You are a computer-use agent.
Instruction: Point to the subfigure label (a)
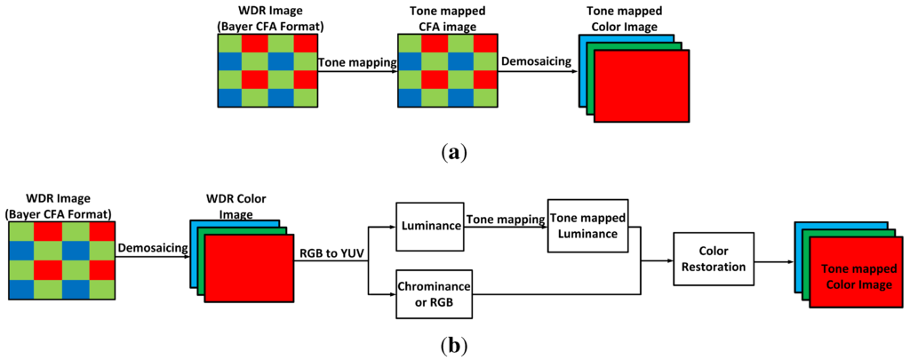point(454,153)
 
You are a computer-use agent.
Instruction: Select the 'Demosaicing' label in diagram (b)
point(148,251)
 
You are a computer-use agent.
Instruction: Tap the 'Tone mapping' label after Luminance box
point(503,220)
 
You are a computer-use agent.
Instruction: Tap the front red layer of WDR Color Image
point(248,269)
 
